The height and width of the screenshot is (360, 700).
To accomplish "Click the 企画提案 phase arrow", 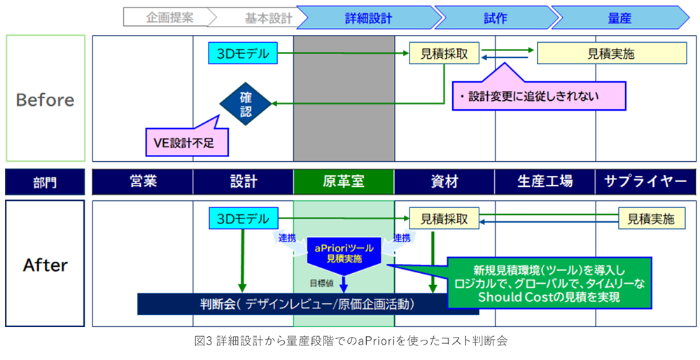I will coord(166,18).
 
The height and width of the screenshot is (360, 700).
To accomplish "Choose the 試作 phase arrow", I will coord(495,18).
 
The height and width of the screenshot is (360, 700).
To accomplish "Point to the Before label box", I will coord(45,99).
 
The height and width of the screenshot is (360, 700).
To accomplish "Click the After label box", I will coord(45,265).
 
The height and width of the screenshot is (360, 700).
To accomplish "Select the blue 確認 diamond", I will coord(245,103).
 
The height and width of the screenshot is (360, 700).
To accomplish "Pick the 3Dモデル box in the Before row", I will coord(243,53).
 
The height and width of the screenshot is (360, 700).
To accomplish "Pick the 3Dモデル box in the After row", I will coord(243,219).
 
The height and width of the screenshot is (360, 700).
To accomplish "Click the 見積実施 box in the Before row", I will coord(611,53).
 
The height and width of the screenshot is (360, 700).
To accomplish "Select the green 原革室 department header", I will coord(344,182).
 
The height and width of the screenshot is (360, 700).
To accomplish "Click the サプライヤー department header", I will coord(645,182).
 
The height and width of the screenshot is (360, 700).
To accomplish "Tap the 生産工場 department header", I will coord(545,182).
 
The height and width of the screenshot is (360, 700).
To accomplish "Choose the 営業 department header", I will coord(143,182).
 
